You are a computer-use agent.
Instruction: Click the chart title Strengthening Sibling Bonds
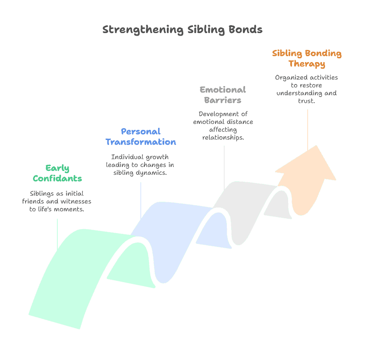click(x=182, y=30)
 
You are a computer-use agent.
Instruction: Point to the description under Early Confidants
click(x=56, y=201)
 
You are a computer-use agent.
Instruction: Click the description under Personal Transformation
click(x=140, y=164)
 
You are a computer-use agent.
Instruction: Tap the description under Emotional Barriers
click(x=223, y=126)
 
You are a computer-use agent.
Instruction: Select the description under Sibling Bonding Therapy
click(x=307, y=89)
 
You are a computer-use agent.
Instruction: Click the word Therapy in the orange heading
click(x=307, y=64)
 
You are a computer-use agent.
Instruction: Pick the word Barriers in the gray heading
click(x=223, y=100)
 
